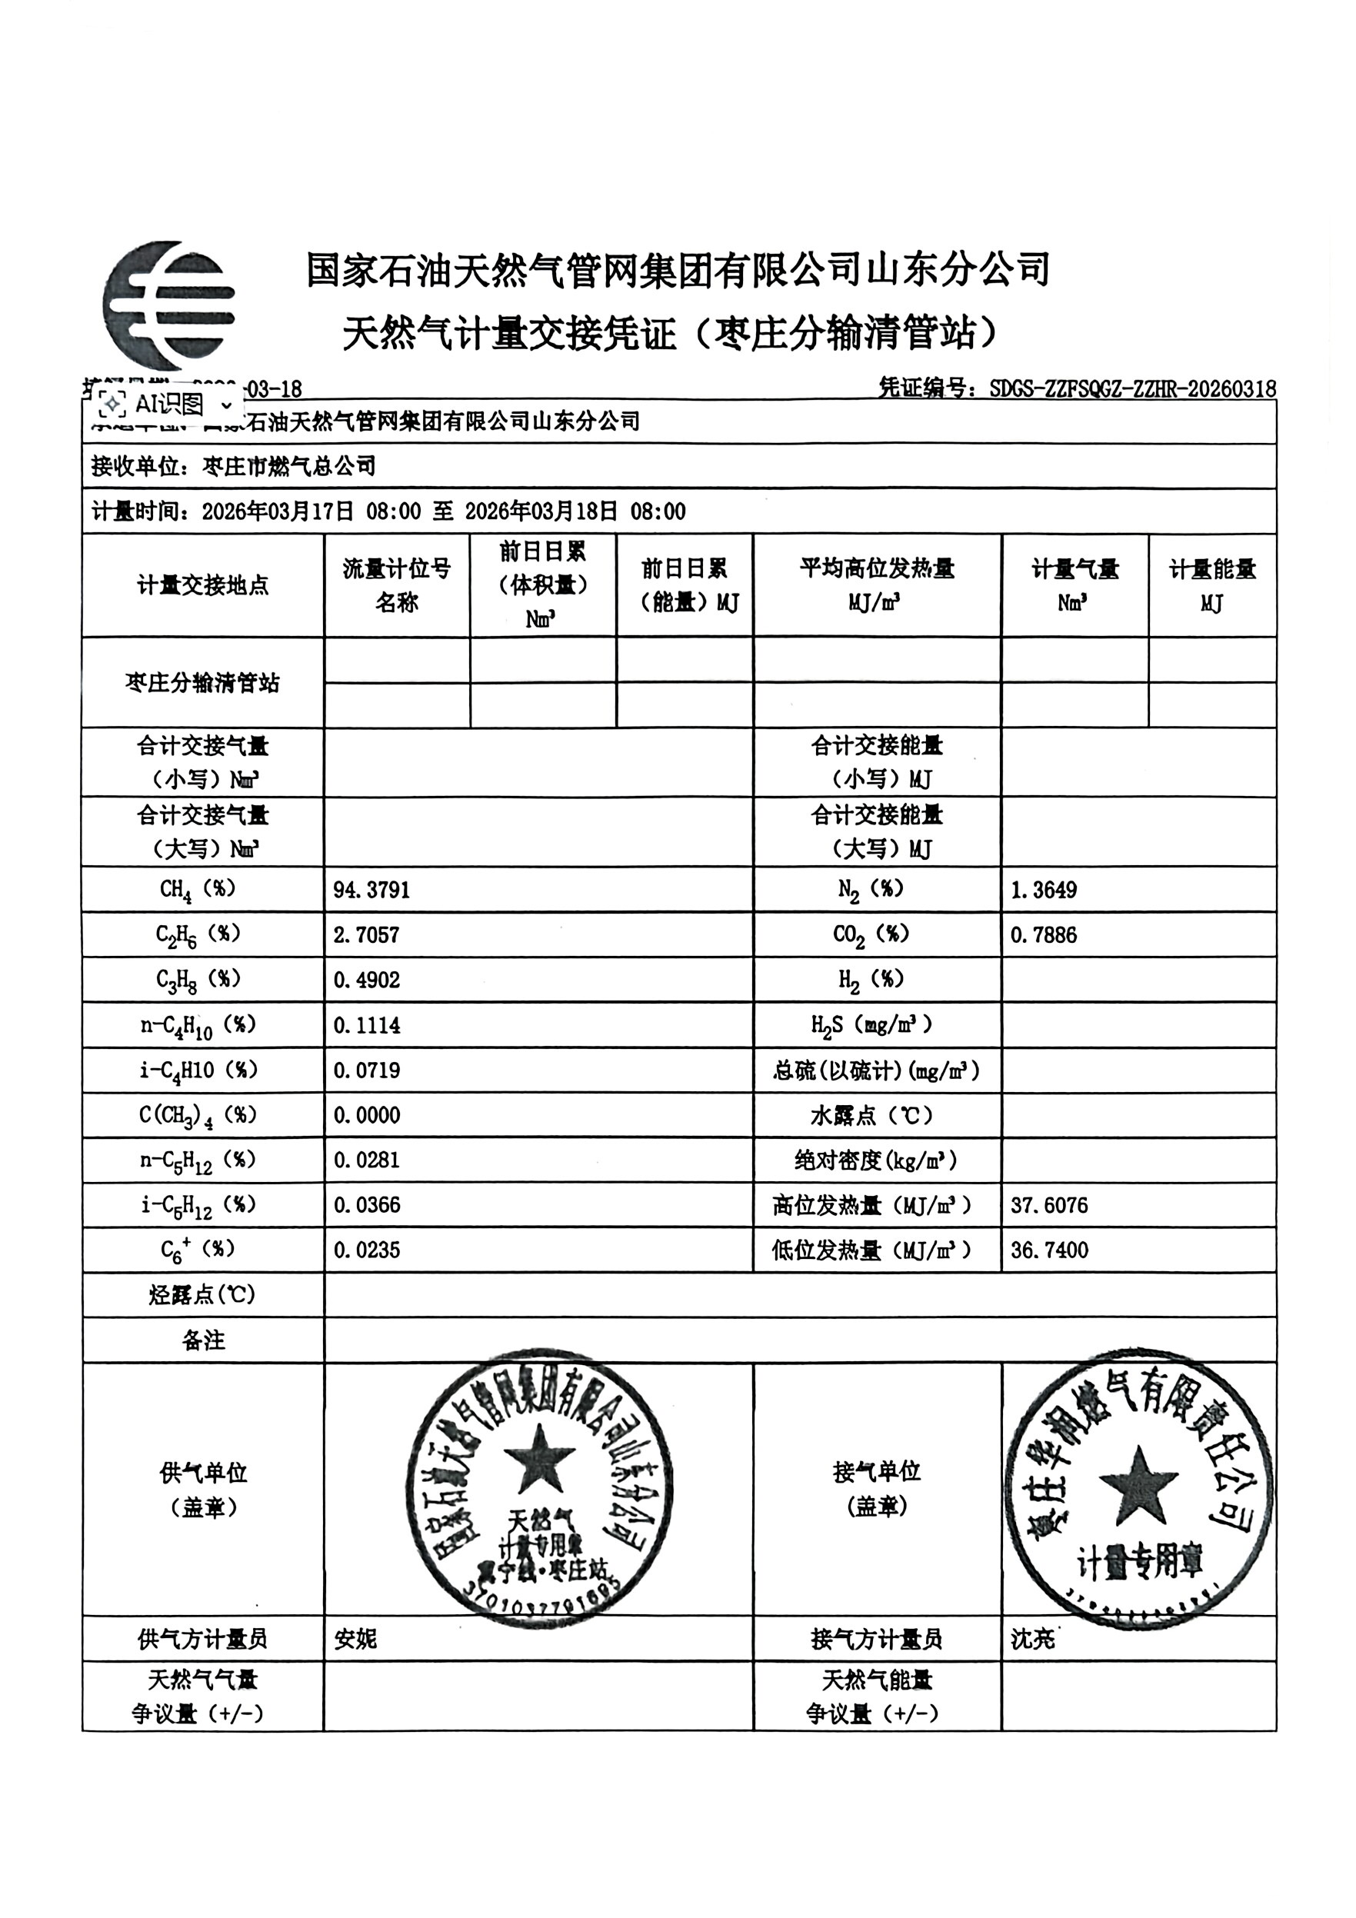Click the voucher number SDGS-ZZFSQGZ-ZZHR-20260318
[x=1132, y=388]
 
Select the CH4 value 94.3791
[x=371, y=891]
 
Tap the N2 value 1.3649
[x=1044, y=891]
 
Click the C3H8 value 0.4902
[x=367, y=981]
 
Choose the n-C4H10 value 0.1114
[x=367, y=1026]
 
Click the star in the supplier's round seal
[x=540, y=1461]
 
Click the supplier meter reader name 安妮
[x=356, y=1640]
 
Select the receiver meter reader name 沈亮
[x=1033, y=1640]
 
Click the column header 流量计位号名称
[x=397, y=584]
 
